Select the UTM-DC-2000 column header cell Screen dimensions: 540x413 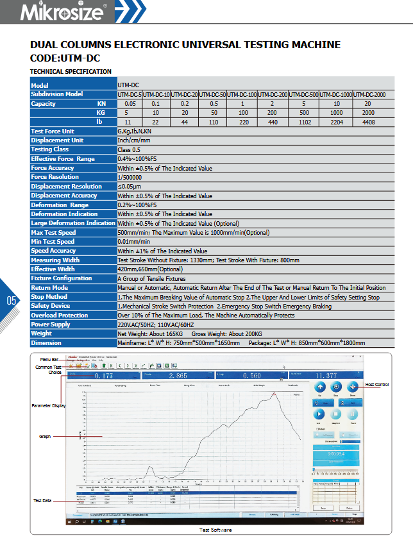click(x=369, y=94)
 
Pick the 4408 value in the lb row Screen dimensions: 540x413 click(x=367, y=122)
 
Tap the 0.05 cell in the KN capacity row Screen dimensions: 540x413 click(x=130, y=104)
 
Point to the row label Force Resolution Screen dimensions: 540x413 click(x=55, y=177)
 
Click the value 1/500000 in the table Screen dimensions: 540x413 click(x=130, y=177)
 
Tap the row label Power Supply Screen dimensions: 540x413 click(x=51, y=325)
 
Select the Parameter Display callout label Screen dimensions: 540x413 click(x=49, y=406)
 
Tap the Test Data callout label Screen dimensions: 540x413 click(x=43, y=500)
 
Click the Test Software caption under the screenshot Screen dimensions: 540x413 click(x=215, y=530)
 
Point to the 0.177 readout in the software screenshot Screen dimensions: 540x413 click(x=103, y=376)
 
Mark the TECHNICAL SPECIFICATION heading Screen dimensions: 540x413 click(x=71, y=71)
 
